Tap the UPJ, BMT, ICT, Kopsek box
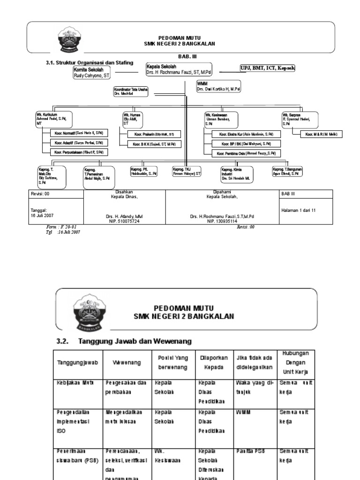pyautogui.click(x=268, y=68)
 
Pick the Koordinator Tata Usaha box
pyautogui.click(x=130, y=91)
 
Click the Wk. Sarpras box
pyautogui.click(x=300, y=119)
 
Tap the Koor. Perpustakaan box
pyautogui.click(x=79, y=152)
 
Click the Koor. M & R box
pyautogui.click(x=321, y=135)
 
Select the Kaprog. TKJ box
pyautogui.click(x=187, y=171)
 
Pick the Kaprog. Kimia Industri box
pyautogui.click(x=237, y=174)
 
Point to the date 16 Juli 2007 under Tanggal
pyautogui.click(x=42, y=215)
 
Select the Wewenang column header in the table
pyautogui.click(x=124, y=363)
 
